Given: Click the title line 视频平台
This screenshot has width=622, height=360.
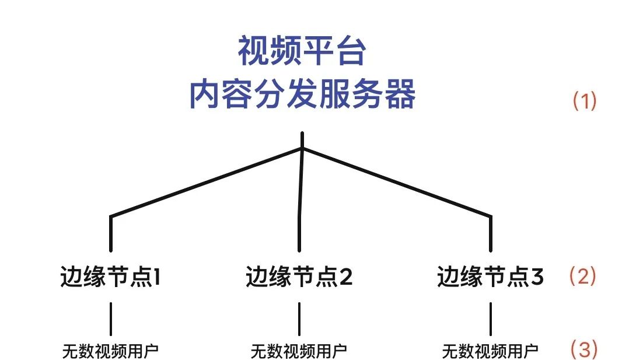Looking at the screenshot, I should pyautogui.click(x=302, y=52).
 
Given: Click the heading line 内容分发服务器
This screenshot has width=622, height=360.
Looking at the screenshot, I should pyautogui.click(x=302, y=95).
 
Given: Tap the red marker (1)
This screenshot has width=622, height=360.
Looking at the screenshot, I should pyautogui.click(x=584, y=102).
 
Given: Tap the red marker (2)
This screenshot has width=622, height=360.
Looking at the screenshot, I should pyautogui.click(x=583, y=276).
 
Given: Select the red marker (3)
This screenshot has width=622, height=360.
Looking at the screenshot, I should pyautogui.click(x=583, y=349).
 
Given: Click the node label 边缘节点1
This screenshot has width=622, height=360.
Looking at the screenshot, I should pyautogui.click(x=110, y=277).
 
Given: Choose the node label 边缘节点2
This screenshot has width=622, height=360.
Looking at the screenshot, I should pyautogui.click(x=299, y=277).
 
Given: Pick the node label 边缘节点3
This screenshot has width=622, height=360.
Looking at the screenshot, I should pyautogui.click(x=490, y=277).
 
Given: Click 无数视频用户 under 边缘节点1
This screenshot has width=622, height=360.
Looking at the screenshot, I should pyautogui.click(x=110, y=351).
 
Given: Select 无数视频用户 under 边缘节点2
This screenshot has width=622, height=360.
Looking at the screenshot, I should pyautogui.click(x=299, y=351).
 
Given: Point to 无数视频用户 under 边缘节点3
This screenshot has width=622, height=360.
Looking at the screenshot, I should pyautogui.click(x=490, y=351).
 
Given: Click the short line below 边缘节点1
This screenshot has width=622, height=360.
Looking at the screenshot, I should pyautogui.click(x=110, y=319).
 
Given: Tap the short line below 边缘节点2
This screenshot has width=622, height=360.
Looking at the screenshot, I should pyautogui.click(x=299, y=319).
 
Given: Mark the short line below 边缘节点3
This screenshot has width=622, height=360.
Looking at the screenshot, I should pyautogui.click(x=490, y=319).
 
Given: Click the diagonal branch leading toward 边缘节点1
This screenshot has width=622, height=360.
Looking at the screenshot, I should pyautogui.click(x=204, y=183).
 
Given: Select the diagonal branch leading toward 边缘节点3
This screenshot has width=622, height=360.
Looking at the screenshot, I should pyautogui.click(x=397, y=183).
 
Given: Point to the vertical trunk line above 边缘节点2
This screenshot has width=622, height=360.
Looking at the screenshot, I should pyautogui.click(x=300, y=198).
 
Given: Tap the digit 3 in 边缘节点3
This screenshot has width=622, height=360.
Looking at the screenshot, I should pyautogui.click(x=537, y=277).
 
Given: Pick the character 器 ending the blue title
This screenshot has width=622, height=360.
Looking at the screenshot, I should pyautogui.click(x=401, y=95).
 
